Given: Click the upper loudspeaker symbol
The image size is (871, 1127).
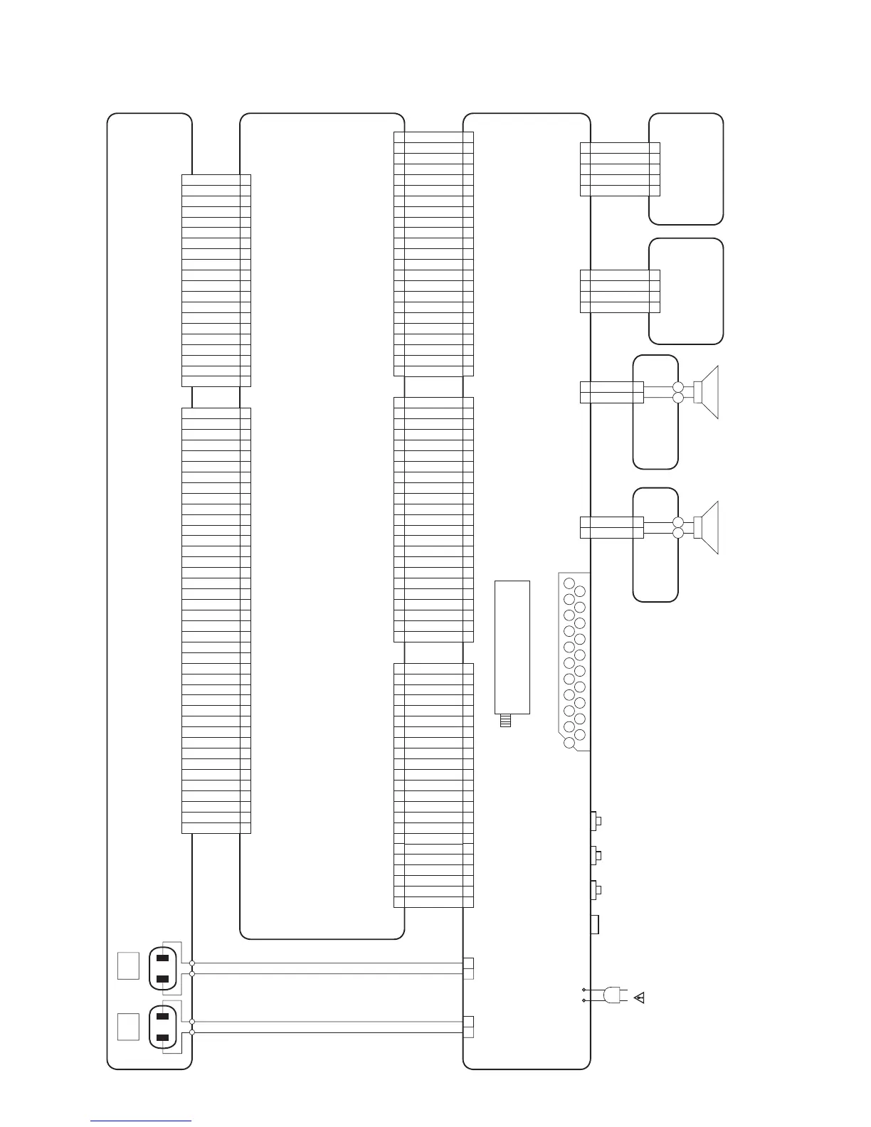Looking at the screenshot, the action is point(707,392).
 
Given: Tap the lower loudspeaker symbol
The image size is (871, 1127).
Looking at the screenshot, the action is point(707,527).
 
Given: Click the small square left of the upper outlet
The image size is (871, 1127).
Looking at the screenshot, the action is point(127,965).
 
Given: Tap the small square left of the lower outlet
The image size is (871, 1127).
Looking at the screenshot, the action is point(127,1026).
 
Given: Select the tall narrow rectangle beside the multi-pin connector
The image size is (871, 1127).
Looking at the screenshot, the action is point(512,647).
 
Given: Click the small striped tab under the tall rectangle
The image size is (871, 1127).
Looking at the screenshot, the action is point(505,721).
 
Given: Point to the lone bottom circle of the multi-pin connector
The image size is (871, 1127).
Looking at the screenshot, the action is point(569,743).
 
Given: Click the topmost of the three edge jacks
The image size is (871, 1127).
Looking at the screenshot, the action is point(596,821).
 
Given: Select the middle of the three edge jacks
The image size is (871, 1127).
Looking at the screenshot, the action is point(596,854).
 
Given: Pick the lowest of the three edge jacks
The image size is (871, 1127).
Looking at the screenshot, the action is point(596,889).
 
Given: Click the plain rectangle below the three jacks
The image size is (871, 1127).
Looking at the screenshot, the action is point(595,924).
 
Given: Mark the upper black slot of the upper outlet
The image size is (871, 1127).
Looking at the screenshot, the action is point(162,957).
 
